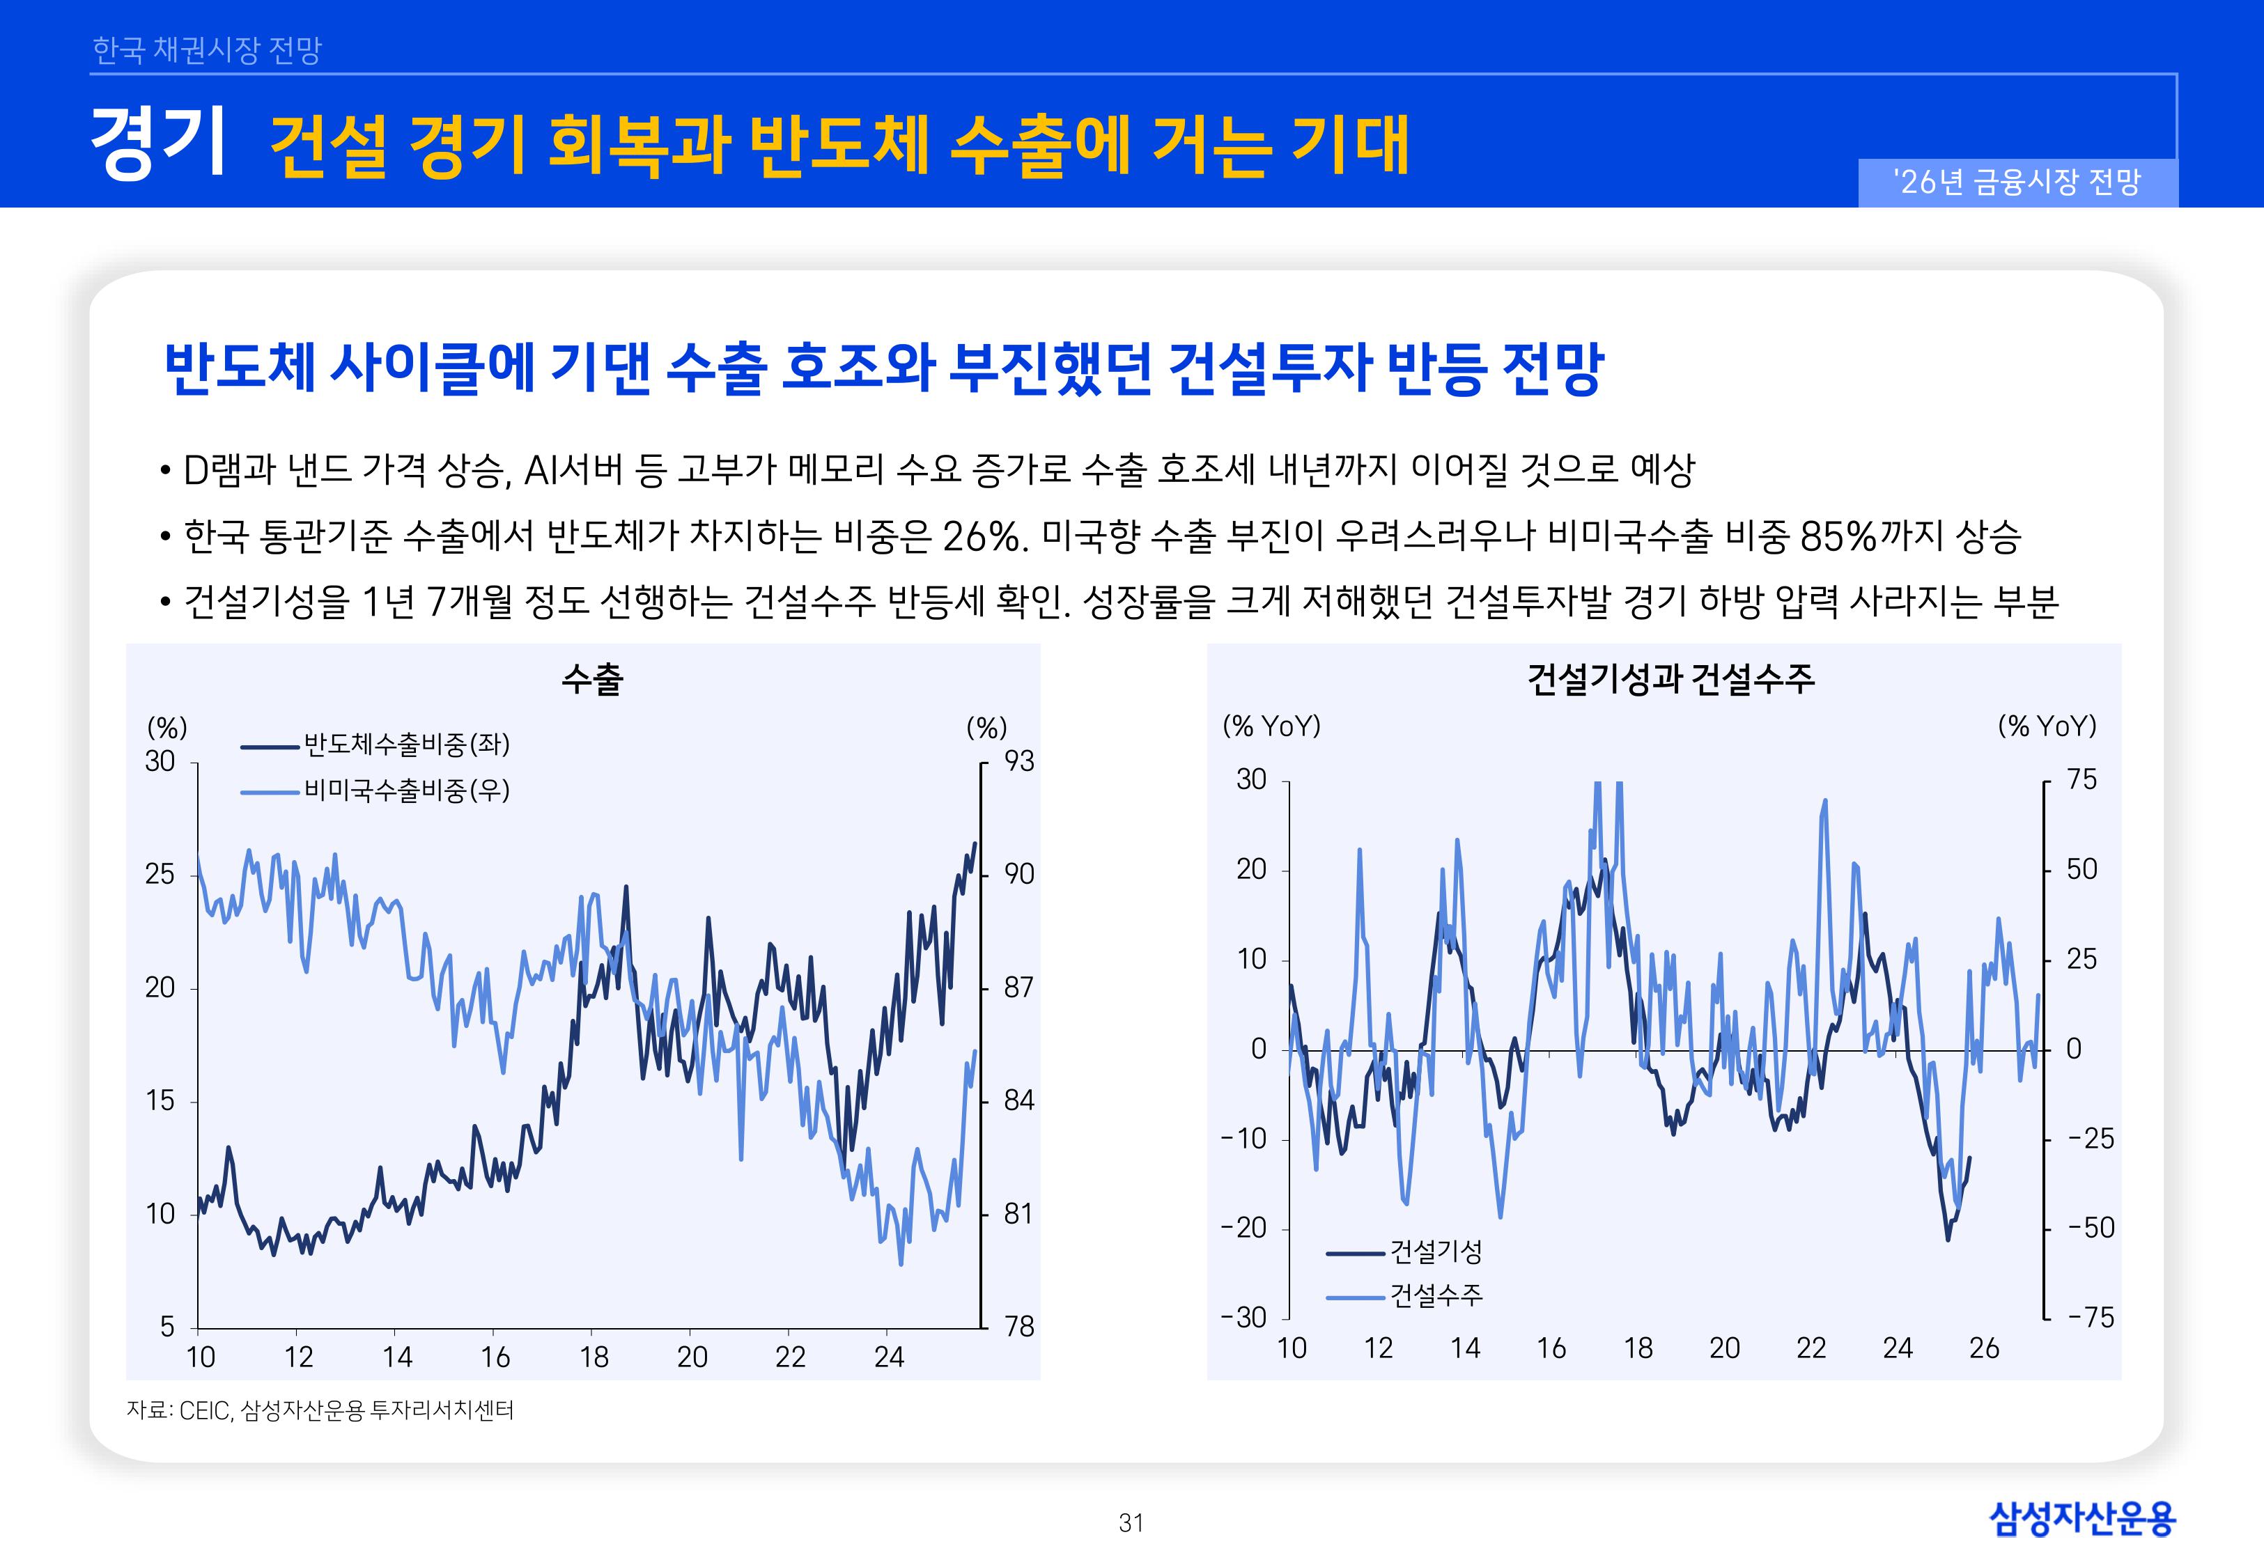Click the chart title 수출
[592, 678]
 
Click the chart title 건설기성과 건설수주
[1670, 678]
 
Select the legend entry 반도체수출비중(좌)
[405, 745]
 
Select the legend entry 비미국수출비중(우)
[405, 790]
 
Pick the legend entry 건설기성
[1435, 1252]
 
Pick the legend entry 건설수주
[1435, 1296]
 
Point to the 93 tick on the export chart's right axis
[1019, 762]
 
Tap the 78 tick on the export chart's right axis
[1019, 1327]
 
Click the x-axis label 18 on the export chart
[594, 1358]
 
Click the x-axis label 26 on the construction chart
[1984, 1349]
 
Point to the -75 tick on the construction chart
[2091, 1318]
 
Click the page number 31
[1131, 1523]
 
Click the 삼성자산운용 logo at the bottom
[2082, 1519]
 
